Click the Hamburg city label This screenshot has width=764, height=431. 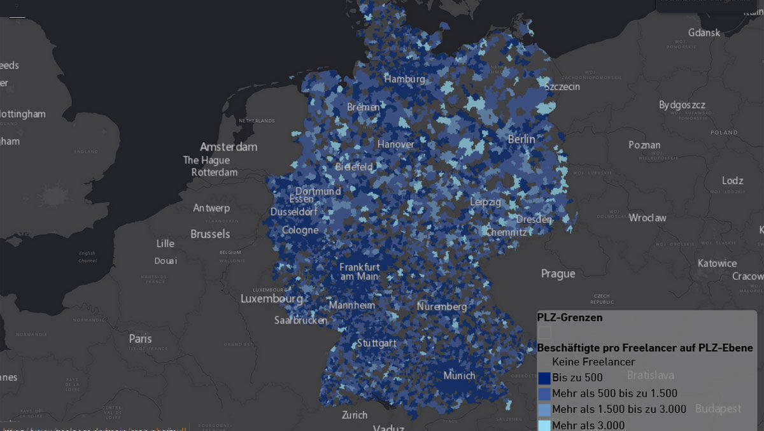(404, 79)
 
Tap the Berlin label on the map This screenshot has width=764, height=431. (521, 139)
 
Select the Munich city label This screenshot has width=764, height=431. (459, 376)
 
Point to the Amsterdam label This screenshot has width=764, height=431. (229, 146)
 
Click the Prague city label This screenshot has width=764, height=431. (558, 274)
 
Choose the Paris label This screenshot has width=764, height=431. (141, 338)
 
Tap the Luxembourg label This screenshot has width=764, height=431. (271, 299)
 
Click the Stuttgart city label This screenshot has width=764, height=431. (376, 343)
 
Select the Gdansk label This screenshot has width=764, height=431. (704, 32)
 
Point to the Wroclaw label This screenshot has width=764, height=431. (647, 218)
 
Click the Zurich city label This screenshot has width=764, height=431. (355, 415)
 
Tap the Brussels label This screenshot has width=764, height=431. (210, 234)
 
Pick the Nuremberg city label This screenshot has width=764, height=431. (442, 307)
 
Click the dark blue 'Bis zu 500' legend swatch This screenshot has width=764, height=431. (544, 378)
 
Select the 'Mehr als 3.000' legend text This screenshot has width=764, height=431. (588, 425)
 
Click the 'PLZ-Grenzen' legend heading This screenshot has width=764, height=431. (569, 316)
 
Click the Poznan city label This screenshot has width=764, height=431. (644, 145)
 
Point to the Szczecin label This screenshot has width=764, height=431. (562, 86)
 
